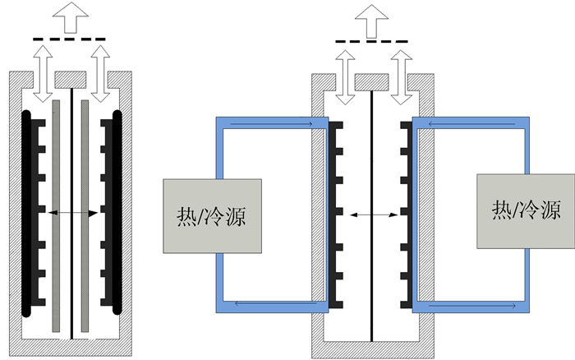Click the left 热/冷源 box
(213, 215)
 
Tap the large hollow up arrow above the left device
(71, 16)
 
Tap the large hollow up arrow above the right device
(373, 20)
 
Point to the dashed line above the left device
(69, 39)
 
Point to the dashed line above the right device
(372, 42)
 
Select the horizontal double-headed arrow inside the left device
(73, 213)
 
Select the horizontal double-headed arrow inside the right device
(374, 215)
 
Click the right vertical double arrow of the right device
(401, 76)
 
